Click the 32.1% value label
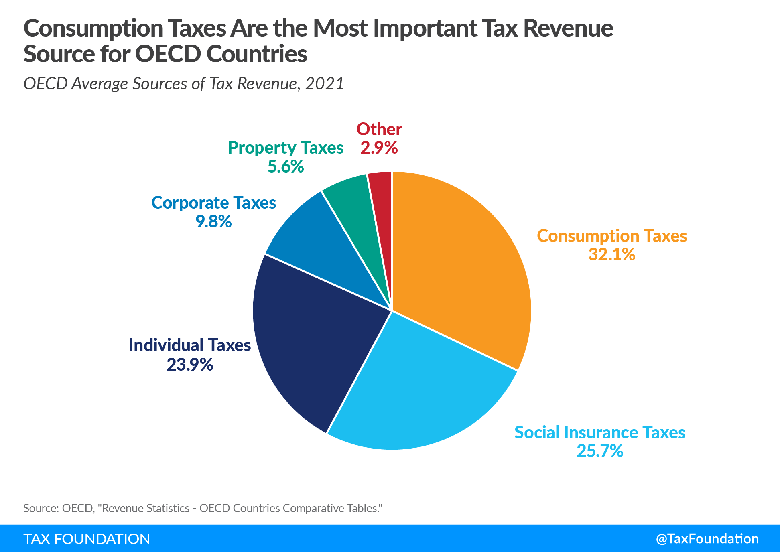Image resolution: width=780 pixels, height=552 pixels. click(x=612, y=254)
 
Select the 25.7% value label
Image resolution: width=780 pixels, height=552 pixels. click(x=600, y=451)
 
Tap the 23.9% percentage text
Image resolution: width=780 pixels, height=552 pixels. click(x=190, y=365)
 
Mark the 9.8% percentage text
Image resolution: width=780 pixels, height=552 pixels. click(x=213, y=221)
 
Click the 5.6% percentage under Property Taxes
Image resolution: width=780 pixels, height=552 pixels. click(x=286, y=166)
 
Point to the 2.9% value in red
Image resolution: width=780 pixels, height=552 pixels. click(x=379, y=148)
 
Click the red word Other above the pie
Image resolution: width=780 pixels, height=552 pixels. click(x=379, y=129)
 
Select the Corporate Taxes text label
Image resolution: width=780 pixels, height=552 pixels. click(x=213, y=203)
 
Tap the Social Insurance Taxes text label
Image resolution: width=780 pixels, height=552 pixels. click(x=600, y=432)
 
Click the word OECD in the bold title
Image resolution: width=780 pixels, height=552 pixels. click(x=168, y=54)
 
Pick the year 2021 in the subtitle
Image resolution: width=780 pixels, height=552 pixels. click(x=324, y=83)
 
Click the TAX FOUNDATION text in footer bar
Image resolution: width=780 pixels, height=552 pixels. click(x=87, y=539)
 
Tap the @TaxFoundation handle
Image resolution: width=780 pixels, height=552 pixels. click(x=707, y=539)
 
